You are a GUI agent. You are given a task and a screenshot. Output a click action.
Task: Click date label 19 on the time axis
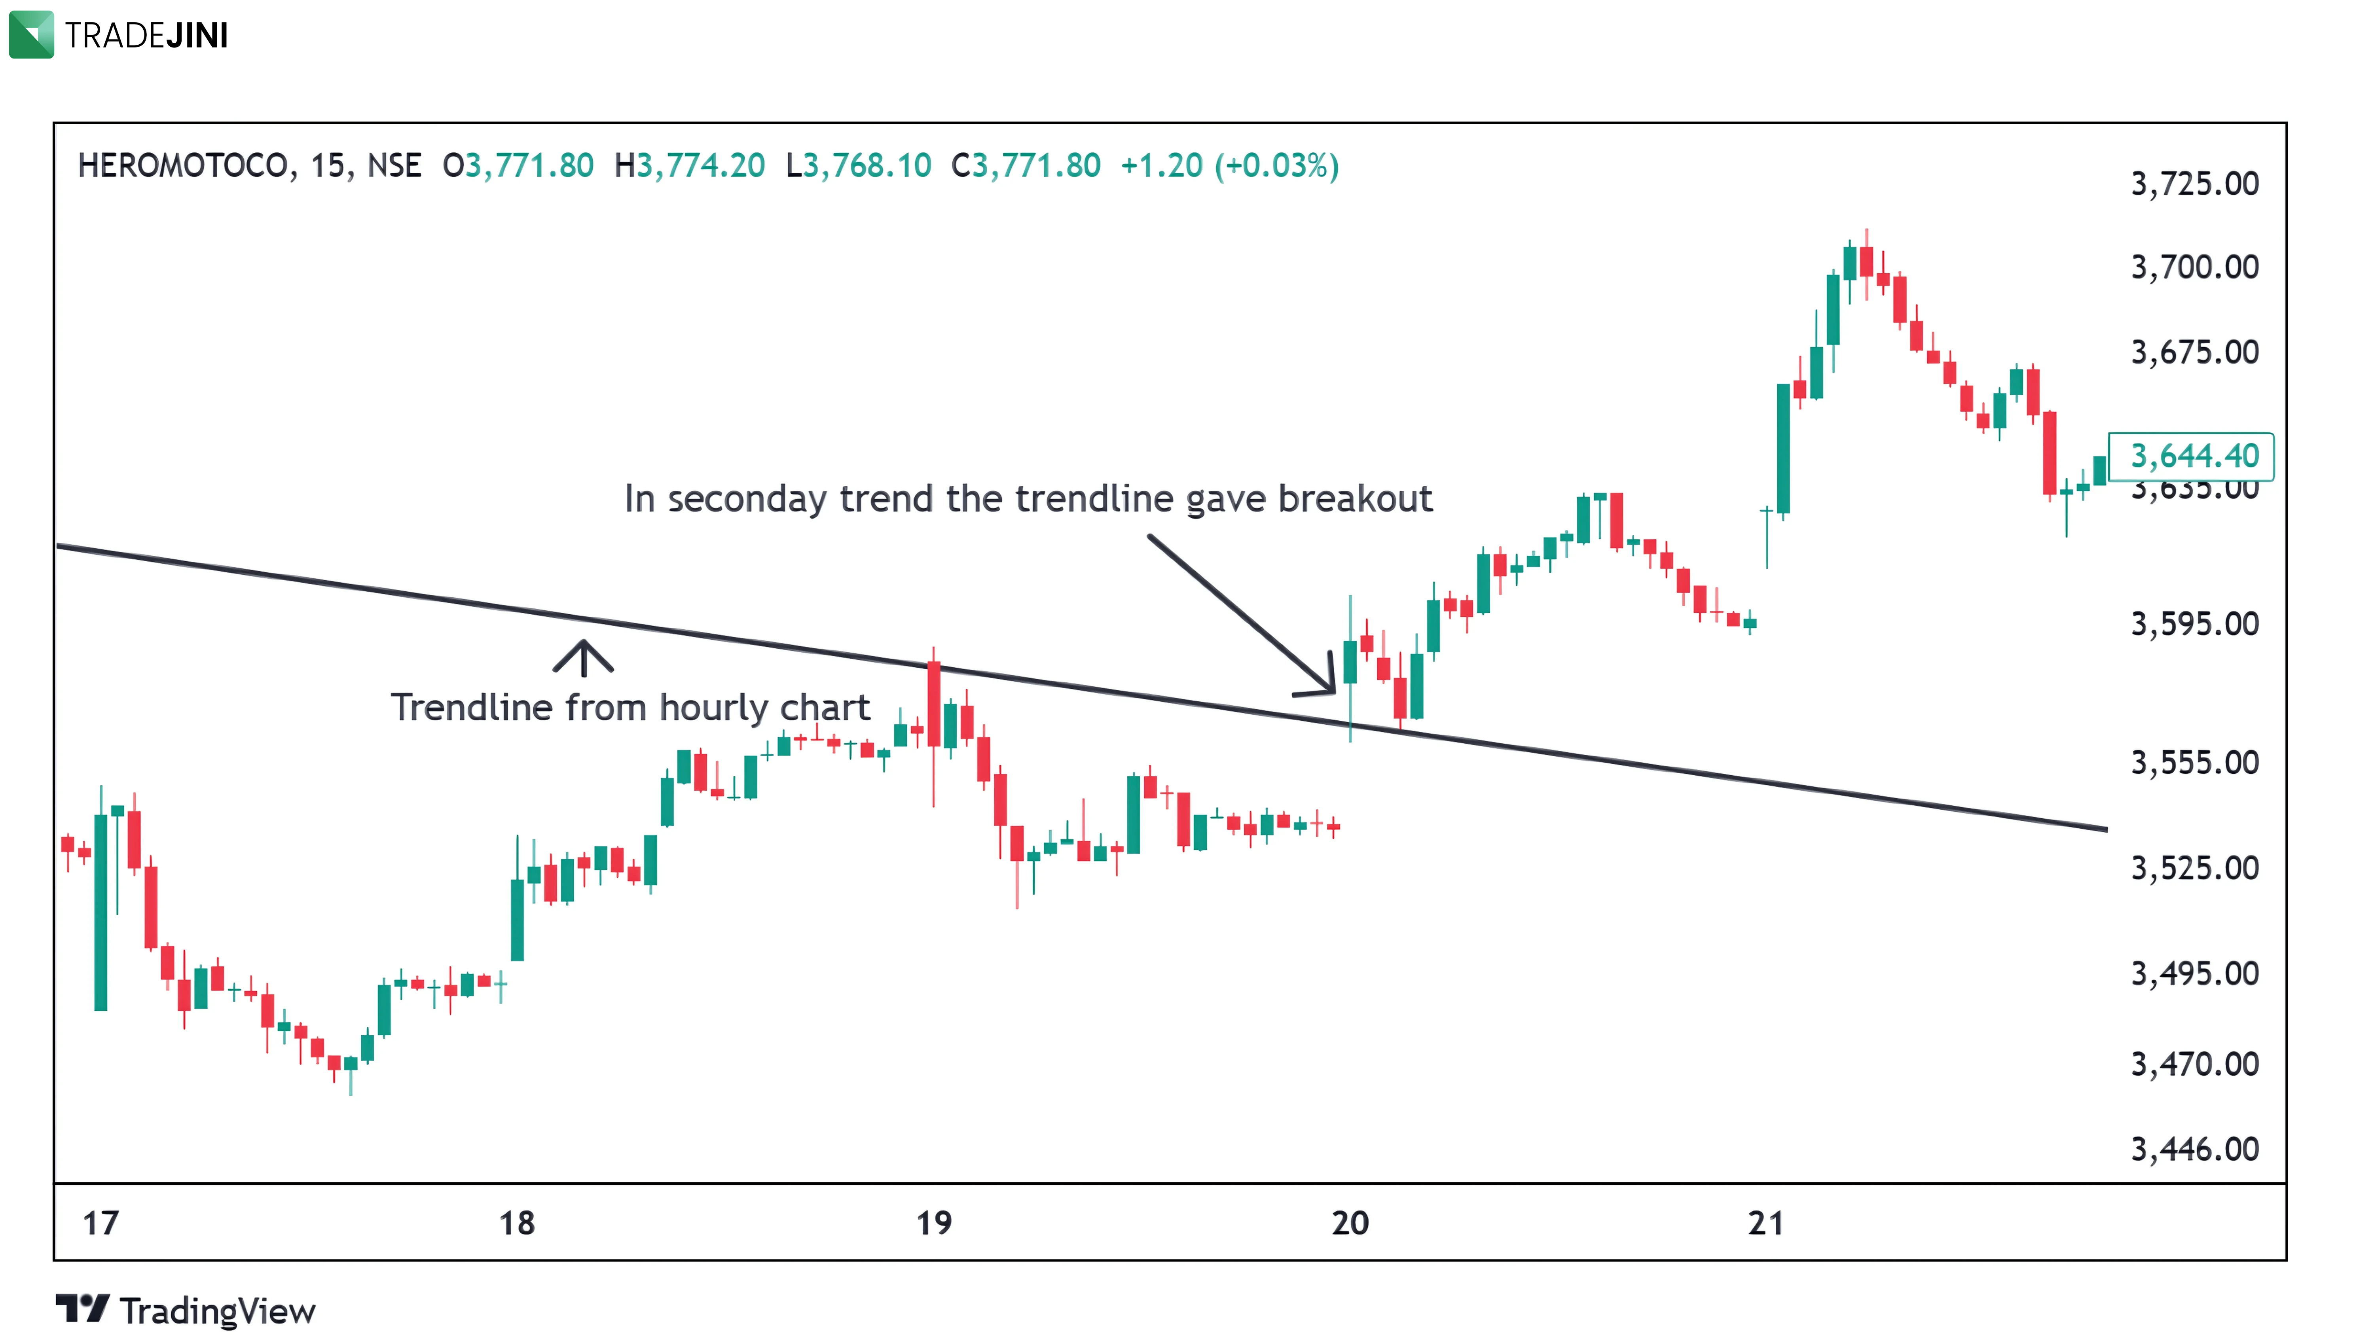(933, 1223)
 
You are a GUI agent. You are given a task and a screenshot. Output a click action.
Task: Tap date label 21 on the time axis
(1766, 1223)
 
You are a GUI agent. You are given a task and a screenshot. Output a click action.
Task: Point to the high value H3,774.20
(689, 166)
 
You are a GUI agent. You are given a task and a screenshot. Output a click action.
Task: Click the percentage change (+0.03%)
(1276, 166)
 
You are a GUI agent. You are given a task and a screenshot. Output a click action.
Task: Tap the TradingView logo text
(218, 1311)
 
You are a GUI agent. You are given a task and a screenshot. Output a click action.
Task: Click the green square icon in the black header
(31, 34)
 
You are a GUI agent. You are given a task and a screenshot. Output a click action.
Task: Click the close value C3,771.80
(1026, 166)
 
